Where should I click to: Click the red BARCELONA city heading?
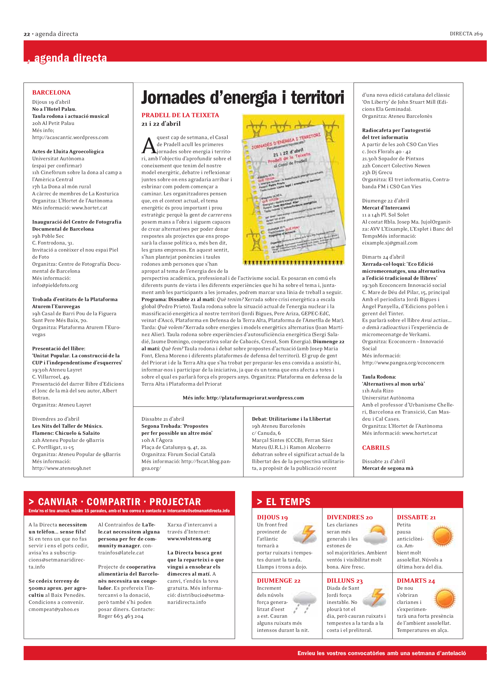(x=51, y=92)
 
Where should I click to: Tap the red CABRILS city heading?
(x=376, y=447)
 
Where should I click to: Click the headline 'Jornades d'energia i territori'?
(x=242, y=98)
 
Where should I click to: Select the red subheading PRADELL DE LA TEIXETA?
(x=180, y=115)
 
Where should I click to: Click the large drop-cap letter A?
(x=148, y=146)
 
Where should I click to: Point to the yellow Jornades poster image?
(x=293, y=190)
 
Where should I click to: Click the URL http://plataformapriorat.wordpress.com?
(x=255, y=398)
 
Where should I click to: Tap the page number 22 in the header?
(x=27, y=34)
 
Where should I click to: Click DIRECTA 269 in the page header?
(x=466, y=34)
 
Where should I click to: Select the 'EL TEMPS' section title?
(x=288, y=502)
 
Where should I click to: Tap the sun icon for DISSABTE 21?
(x=442, y=536)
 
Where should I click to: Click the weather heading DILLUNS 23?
(x=344, y=581)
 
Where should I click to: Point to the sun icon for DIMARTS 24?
(x=445, y=598)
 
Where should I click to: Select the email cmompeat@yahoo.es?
(x=54, y=609)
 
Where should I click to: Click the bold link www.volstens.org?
(x=189, y=539)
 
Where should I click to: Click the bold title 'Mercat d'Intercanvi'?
(x=386, y=208)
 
